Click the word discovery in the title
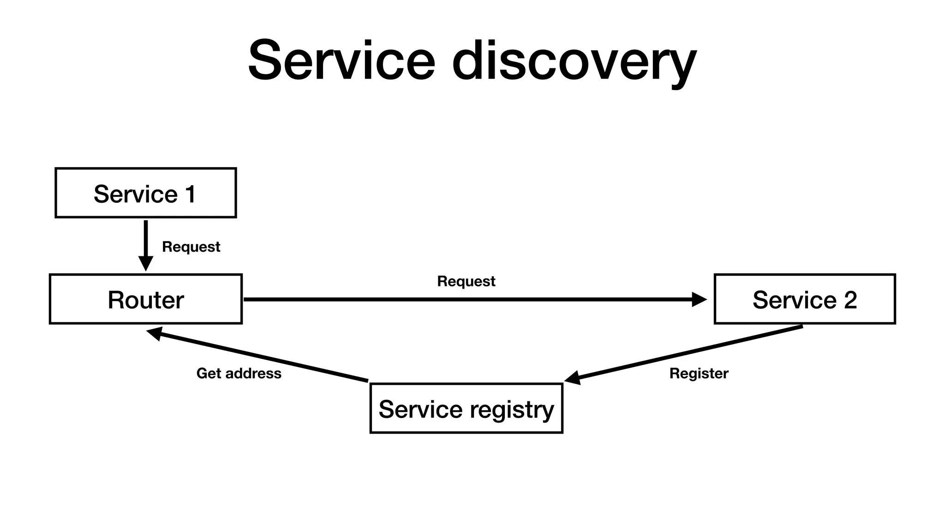click(x=574, y=62)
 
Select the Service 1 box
click(x=145, y=193)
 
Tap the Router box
click(x=145, y=299)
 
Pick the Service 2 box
click(x=804, y=299)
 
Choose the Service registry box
click(x=466, y=409)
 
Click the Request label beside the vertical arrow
click(x=191, y=247)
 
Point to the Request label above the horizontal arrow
click(x=466, y=281)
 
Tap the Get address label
click(x=239, y=373)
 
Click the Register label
click(x=699, y=373)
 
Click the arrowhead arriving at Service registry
click(x=572, y=378)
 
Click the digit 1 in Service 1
click(x=191, y=194)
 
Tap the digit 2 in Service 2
click(x=850, y=300)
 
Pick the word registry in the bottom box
click(x=511, y=410)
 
